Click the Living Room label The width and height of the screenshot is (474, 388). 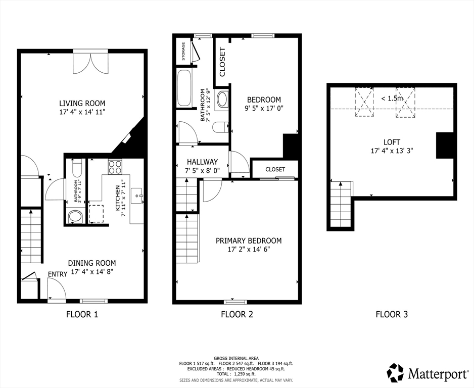point(82,103)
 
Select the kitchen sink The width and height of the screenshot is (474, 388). point(136,195)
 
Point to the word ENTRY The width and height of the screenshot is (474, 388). point(57,274)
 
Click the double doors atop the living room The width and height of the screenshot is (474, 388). point(90,62)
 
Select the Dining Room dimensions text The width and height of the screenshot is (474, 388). point(92,271)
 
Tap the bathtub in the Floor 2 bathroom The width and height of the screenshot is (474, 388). point(184,88)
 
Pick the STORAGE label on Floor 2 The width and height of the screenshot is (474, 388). point(183,51)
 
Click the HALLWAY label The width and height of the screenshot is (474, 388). point(202,162)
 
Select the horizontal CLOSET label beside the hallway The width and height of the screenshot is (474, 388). point(275,169)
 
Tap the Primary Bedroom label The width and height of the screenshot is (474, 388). point(249,240)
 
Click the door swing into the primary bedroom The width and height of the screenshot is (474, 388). point(212,191)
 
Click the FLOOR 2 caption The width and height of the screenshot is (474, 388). point(236,314)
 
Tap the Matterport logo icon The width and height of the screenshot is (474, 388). point(395,373)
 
